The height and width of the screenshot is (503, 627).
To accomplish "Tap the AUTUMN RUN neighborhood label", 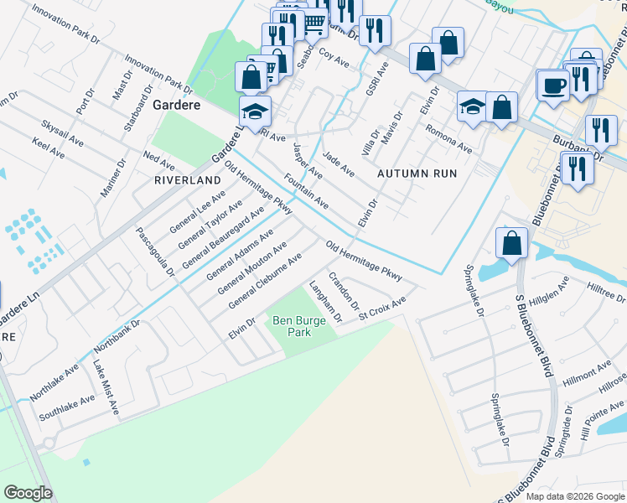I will tap(417, 174).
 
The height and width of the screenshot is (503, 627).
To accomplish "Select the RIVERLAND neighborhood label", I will tap(186, 180).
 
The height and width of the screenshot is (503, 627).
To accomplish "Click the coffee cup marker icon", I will tap(553, 86).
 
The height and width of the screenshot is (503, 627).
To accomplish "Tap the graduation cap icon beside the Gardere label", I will tap(255, 111).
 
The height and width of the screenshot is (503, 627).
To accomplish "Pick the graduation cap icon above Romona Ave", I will tap(473, 106).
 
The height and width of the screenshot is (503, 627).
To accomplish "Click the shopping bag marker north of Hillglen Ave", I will tap(510, 244).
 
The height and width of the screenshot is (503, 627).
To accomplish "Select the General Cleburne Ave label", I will tap(265, 281).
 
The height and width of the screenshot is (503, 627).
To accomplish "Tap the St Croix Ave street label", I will tap(382, 308).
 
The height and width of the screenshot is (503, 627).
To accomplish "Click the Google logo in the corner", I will tap(28, 493).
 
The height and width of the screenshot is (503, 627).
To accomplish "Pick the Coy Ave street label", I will tap(334, 60).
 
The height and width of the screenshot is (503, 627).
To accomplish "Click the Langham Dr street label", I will tap(325, 303).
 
